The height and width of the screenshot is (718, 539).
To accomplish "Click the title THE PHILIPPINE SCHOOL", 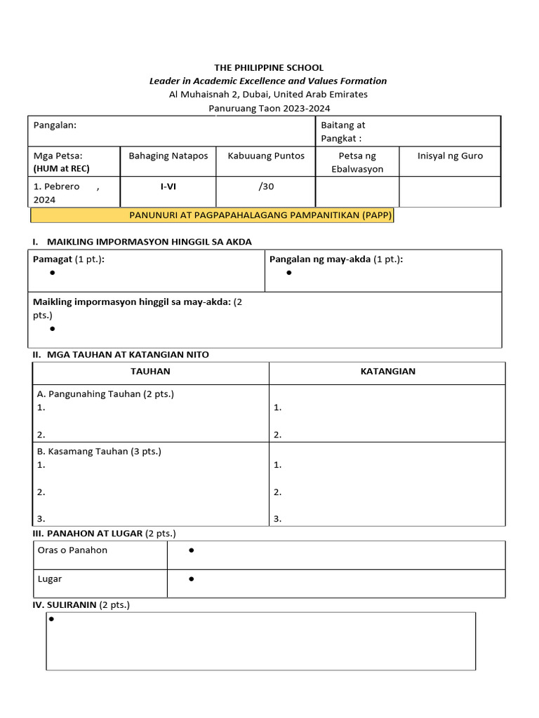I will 269,68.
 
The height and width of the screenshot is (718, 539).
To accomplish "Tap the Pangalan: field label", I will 55,125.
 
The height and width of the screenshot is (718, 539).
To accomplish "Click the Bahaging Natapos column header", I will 168,156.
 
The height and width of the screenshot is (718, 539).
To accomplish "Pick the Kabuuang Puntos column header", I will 266,156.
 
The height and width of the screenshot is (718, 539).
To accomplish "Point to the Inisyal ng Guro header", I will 450,156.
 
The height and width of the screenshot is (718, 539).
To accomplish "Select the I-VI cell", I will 168,187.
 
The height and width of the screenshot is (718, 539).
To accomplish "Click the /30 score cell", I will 266,187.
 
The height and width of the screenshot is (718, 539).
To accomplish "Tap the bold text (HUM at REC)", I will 62,168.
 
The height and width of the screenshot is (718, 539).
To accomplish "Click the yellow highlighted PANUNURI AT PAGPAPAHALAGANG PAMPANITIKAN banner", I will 211,215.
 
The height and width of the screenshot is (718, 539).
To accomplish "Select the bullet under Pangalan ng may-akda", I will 289,273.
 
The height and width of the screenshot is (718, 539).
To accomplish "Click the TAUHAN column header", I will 150,372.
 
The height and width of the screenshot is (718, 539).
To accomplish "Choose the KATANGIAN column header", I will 387,372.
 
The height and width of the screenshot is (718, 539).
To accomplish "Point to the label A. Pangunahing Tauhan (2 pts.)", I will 105,394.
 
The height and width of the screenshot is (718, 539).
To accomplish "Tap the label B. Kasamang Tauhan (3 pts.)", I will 99,452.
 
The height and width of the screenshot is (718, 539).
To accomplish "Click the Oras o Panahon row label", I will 72,550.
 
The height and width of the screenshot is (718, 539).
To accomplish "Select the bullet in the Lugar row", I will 192,579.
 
